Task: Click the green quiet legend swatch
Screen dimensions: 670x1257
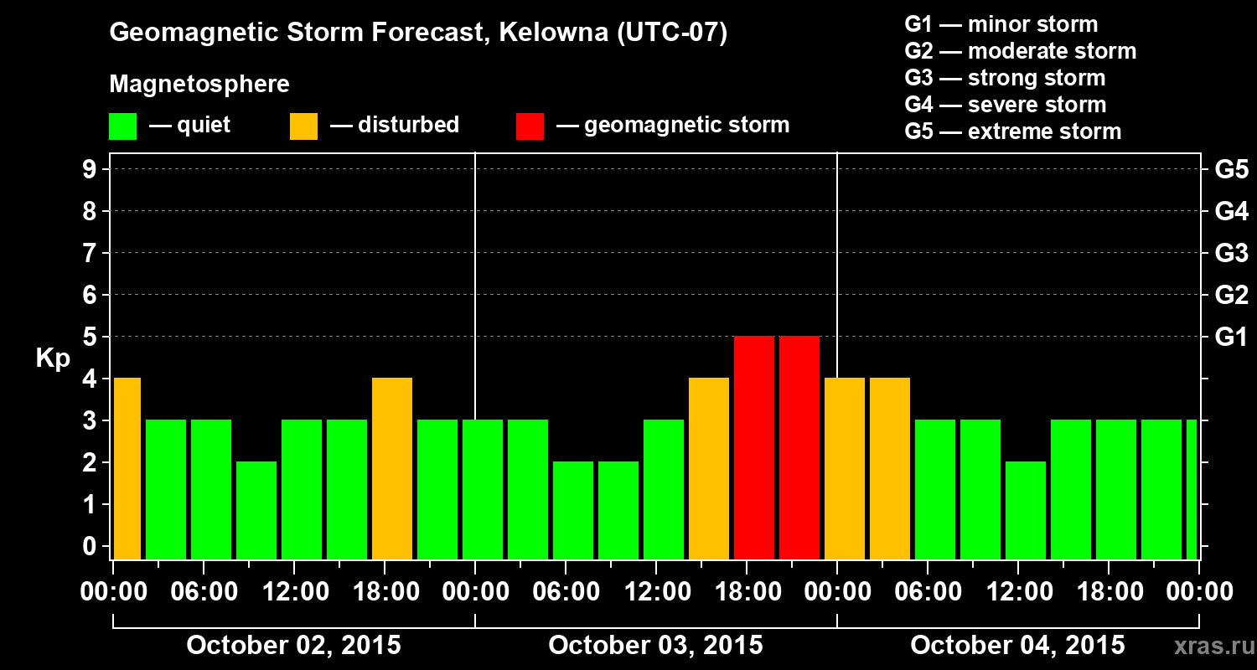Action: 122,126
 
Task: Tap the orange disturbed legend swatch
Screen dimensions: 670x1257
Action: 303,126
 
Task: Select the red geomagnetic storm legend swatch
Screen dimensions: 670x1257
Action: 530,126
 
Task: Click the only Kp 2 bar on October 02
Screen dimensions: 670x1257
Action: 256,510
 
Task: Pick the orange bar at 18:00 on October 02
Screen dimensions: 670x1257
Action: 392,468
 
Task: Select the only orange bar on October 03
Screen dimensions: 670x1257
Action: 709,468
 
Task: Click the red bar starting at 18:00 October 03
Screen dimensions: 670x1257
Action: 754,447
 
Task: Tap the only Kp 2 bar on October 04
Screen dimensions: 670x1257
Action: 1026,510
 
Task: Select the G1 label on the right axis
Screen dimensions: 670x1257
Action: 1231,338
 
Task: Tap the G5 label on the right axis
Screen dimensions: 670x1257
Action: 1231,170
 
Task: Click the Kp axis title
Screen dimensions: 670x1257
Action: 53,359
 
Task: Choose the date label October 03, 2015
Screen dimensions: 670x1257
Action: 655,646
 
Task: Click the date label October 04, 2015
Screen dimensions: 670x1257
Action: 1017,646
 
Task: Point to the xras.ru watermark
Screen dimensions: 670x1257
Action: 1208,647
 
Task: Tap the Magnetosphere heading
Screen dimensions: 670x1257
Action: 199,85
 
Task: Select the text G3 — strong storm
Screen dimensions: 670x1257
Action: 1005,78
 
